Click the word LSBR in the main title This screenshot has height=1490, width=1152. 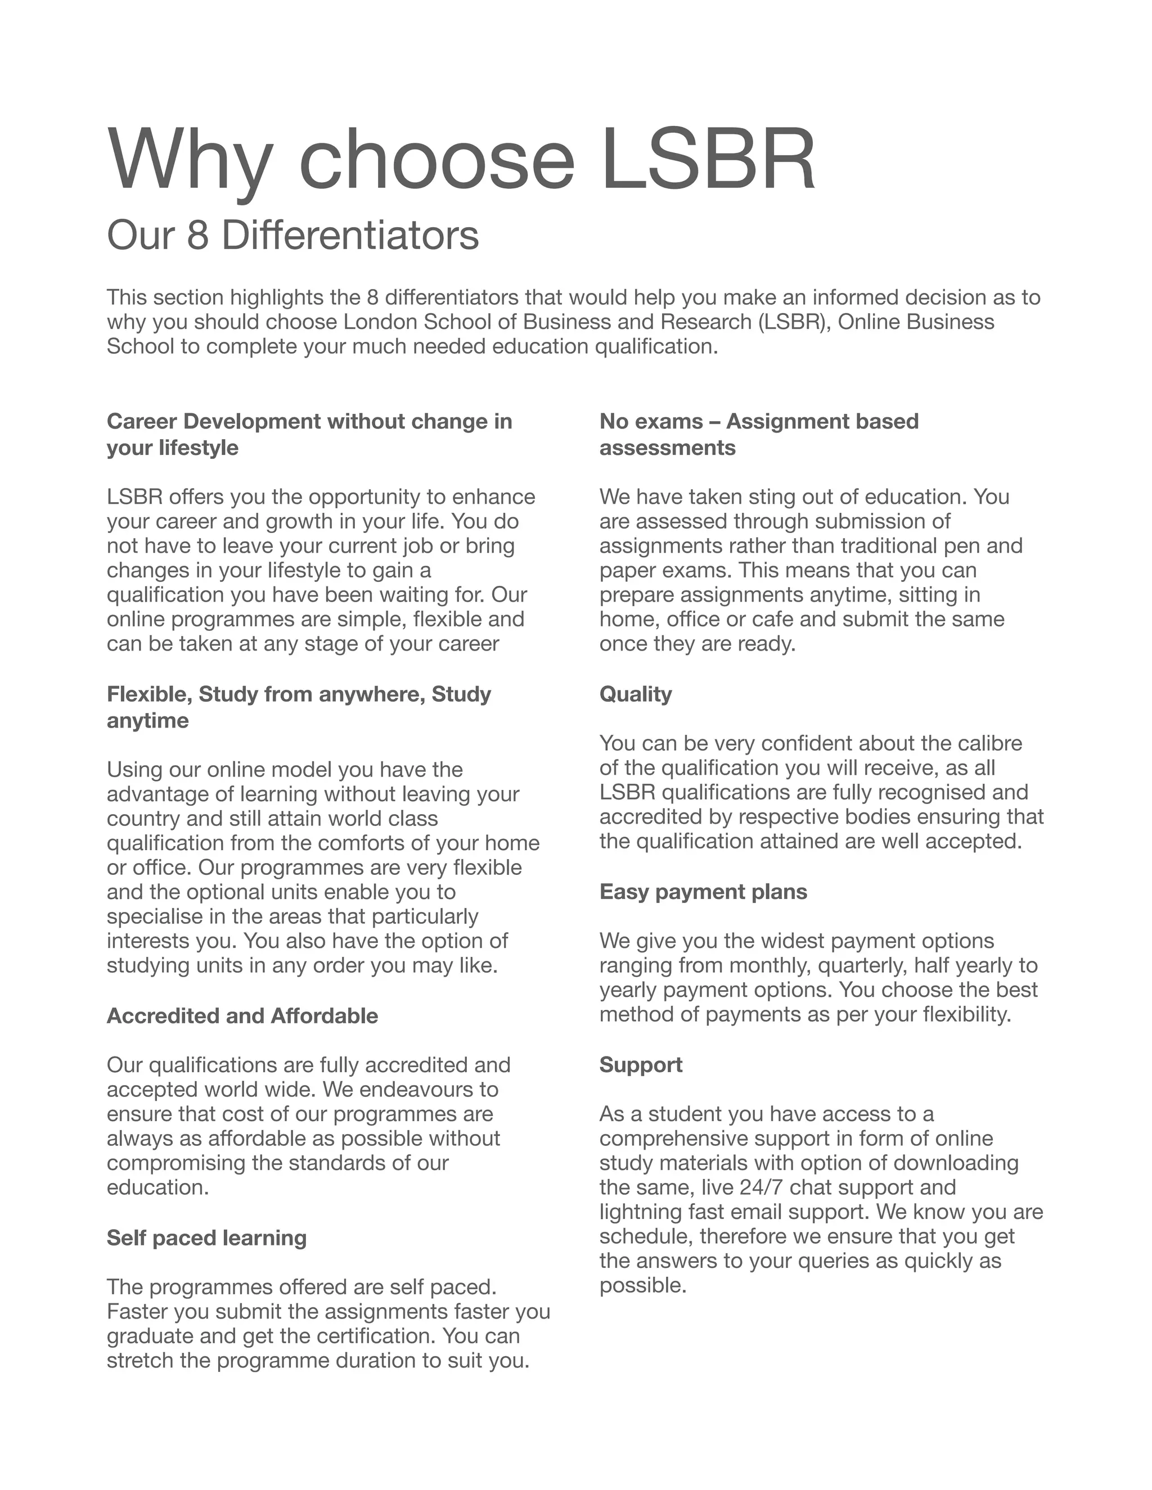click(x=708, y=160)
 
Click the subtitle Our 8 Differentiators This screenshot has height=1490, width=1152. click(x=292, y=236)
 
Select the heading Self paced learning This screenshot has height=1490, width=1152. click(x=206, y=1238)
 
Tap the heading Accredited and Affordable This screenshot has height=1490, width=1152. click(x=241, y=1016)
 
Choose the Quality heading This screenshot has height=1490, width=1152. click(x=636, y=694)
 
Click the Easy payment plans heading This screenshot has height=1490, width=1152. click(x=703, y=892)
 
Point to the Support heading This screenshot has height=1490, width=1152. click(x=641, y=1065)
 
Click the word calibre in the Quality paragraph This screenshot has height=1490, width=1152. click(x=989, y=744)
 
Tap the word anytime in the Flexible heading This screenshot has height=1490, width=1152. click(x=147, y=721)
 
